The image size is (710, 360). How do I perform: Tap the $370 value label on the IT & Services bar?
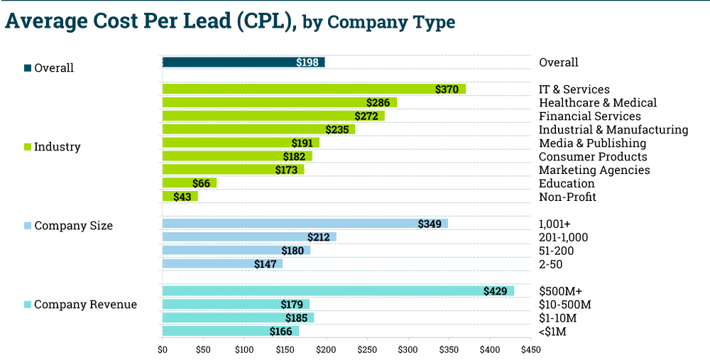(x=447, y=89)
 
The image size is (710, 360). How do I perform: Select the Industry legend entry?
(x=57, y=147)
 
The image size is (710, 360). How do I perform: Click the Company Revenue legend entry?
(x=85, y=305)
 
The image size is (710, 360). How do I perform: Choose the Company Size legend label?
(x=73, y=226)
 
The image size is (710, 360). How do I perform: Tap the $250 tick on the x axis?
(x=367, y=350)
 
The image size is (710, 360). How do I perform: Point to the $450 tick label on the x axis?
(x=530, y=350)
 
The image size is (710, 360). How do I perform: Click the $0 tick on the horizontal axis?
(x=162, y=350)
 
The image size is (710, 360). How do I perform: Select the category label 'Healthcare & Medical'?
(x=598, y=103)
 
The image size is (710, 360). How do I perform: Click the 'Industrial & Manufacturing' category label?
(x=613, y=130)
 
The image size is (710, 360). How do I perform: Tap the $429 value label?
(x=495, y=291)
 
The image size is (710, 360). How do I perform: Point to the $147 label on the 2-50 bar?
(x=266, y=264)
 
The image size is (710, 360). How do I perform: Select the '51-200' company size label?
(x=556, y=251)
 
